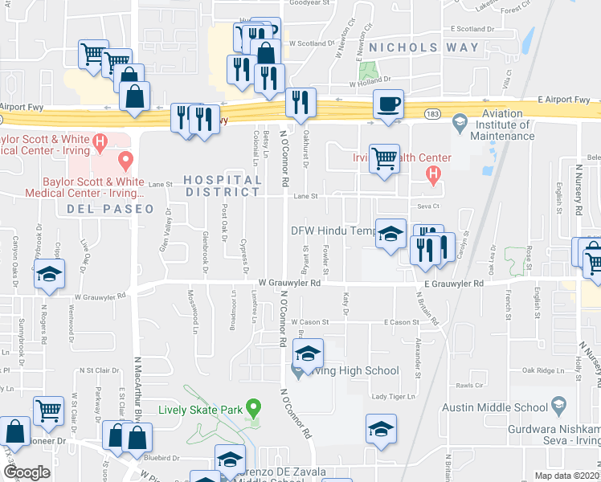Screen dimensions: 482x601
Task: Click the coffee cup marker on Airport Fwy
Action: click(x=389, y=105)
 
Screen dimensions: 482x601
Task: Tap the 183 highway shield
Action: click(x=433, y=114)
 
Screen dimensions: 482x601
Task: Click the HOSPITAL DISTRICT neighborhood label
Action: click(x=223, y=185)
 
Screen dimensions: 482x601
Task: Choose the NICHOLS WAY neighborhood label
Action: click(x=414, y=47)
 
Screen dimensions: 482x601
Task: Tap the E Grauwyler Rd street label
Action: click(x=449, y=284)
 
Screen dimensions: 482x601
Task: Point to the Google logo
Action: click(x=27, y=472)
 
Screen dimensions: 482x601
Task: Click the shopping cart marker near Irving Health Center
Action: click(x=385, y=157)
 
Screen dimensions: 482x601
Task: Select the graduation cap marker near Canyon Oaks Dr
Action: click(x=49, y=274)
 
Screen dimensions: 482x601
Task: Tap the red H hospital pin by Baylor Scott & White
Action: click(x=100, y=144)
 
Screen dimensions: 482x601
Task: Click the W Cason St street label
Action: click(x=310, y=321)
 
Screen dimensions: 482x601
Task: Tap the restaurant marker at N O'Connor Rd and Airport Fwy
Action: click(x=300, y=102)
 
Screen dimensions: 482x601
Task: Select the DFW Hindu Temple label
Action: click(x=333, y=231)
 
